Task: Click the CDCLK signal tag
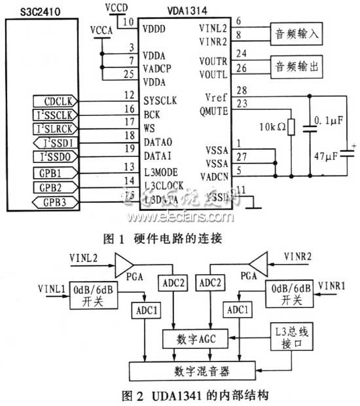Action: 58,101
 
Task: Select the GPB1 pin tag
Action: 58,173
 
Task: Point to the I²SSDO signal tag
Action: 58,157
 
